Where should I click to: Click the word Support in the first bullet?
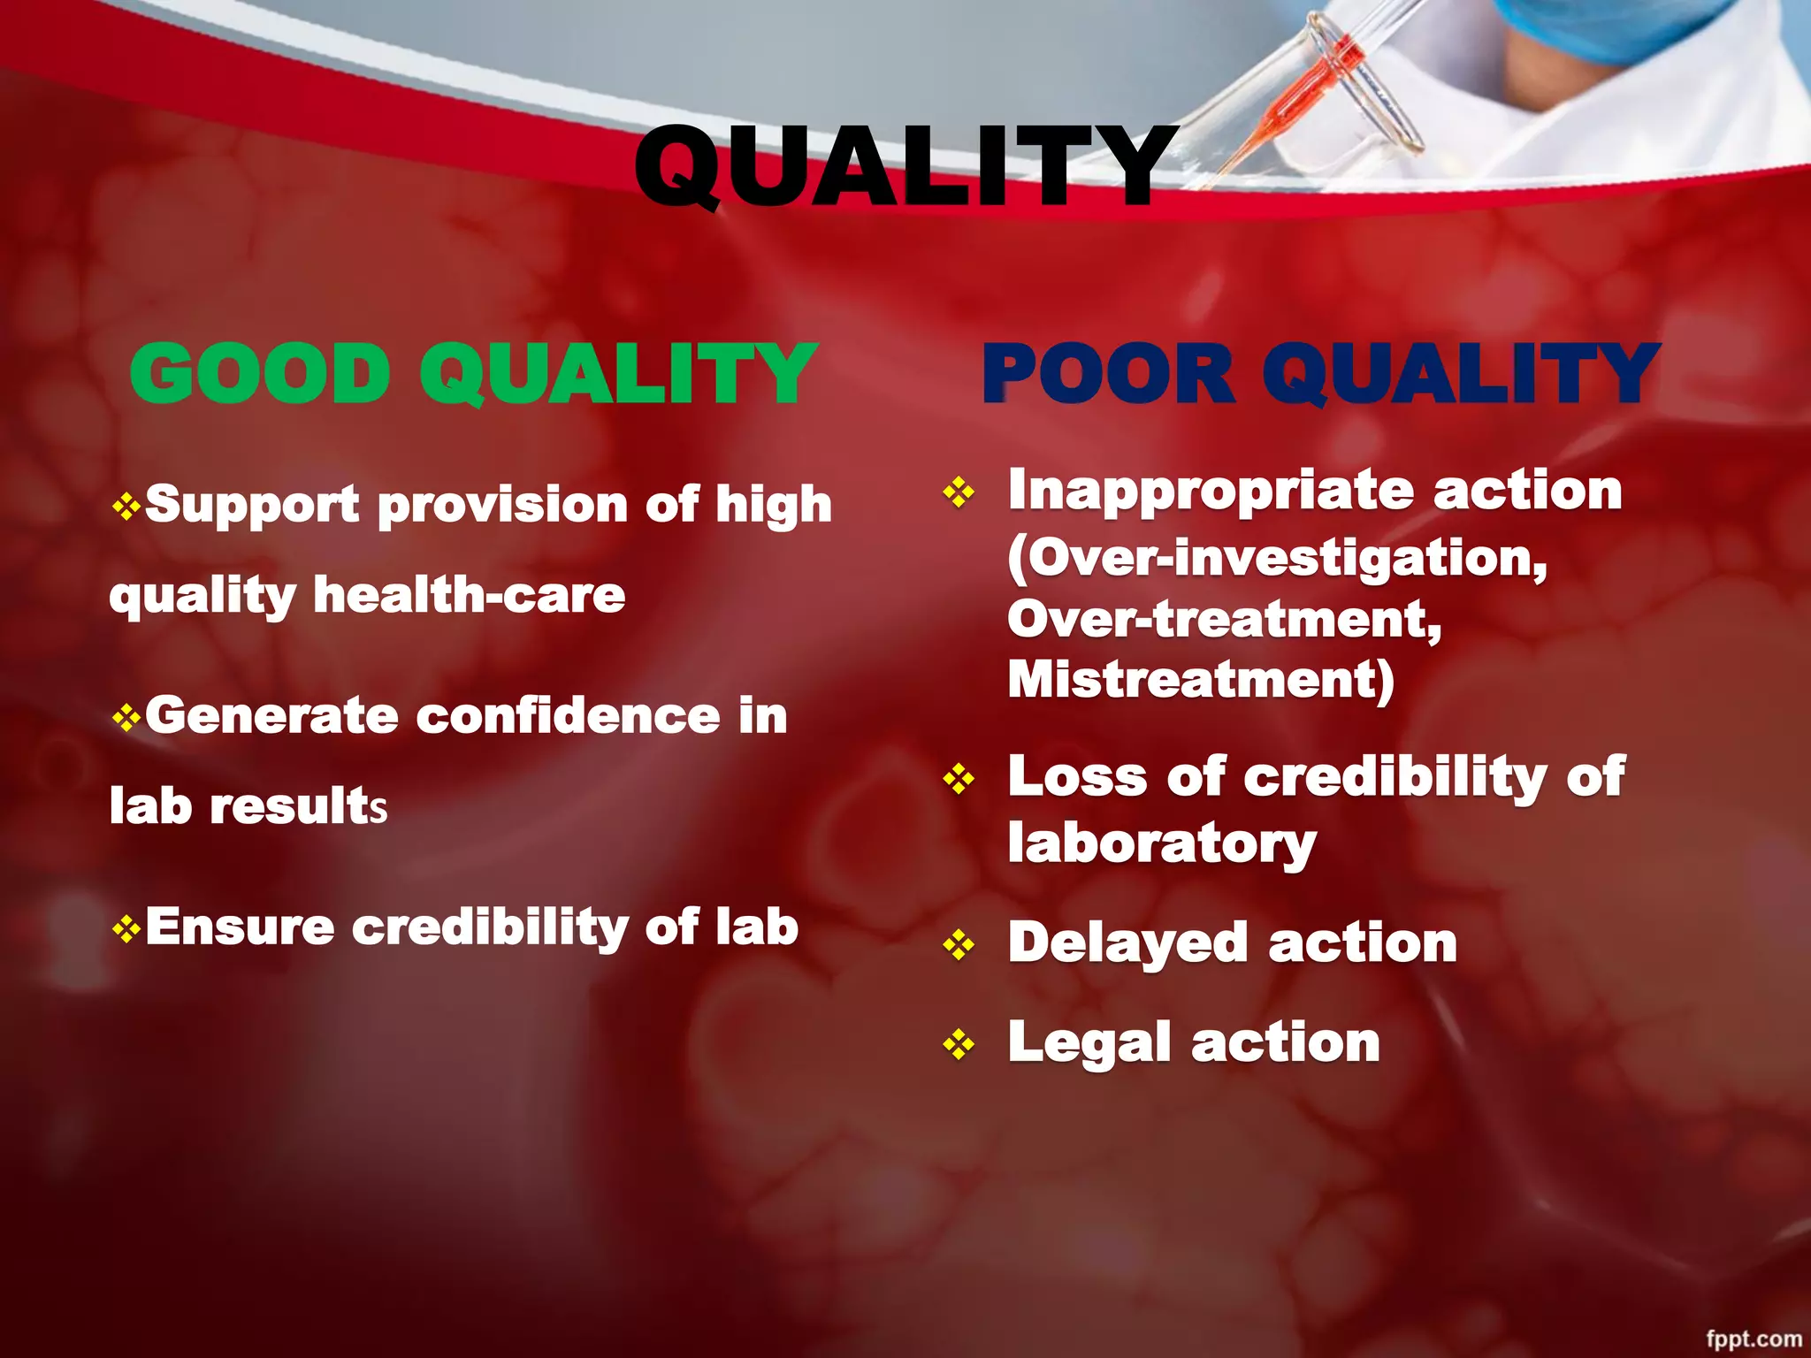(252, 506)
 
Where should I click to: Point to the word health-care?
(470, 595)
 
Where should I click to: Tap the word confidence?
(568, 715)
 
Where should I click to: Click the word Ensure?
(240, 927)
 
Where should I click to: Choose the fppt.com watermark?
(1754, 1339)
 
